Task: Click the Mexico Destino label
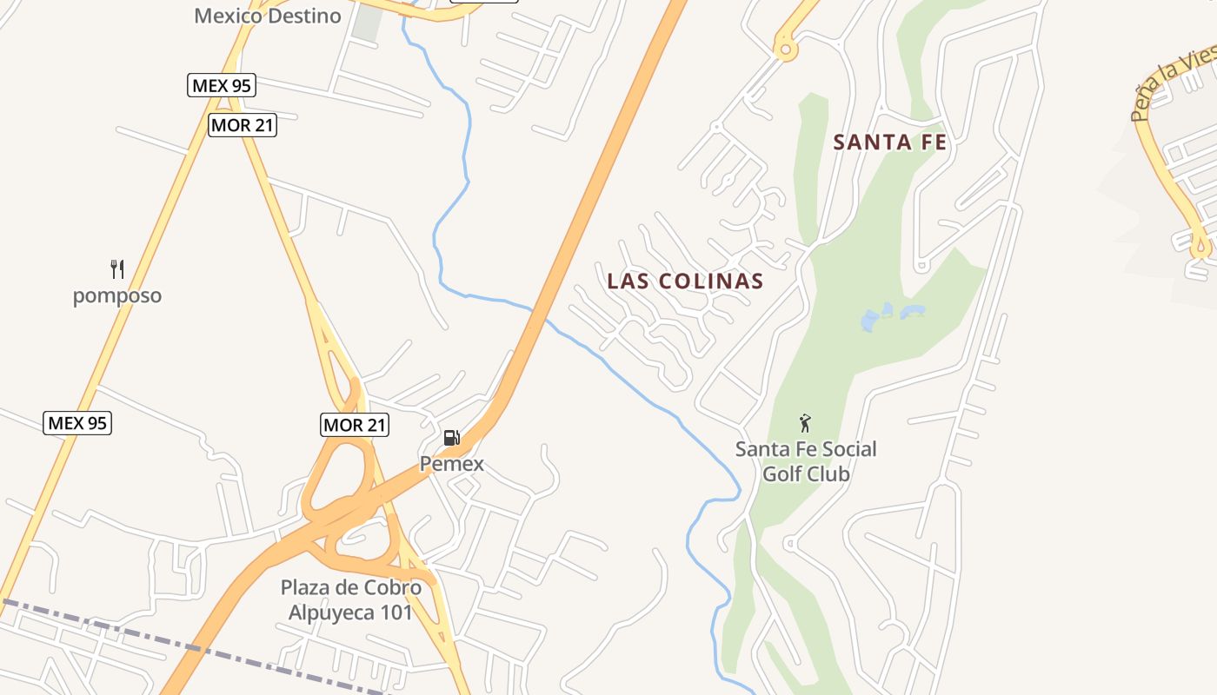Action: (268, 16)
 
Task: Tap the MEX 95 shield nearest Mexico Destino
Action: (222, 85)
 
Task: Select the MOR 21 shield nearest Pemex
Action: (355, 425)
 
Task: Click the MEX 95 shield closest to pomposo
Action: (77, 423)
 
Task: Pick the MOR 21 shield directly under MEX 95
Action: (243, 125)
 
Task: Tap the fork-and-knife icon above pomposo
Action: (117, 268)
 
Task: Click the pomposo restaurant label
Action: (117, 295)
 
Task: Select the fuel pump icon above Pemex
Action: (451, 437)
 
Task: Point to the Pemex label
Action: (452, 464)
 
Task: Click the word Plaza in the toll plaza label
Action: (306, 587)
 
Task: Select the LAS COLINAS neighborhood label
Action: (685, 281)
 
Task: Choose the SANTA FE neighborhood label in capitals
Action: (890, 142)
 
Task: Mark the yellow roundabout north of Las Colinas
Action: (786, 50)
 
